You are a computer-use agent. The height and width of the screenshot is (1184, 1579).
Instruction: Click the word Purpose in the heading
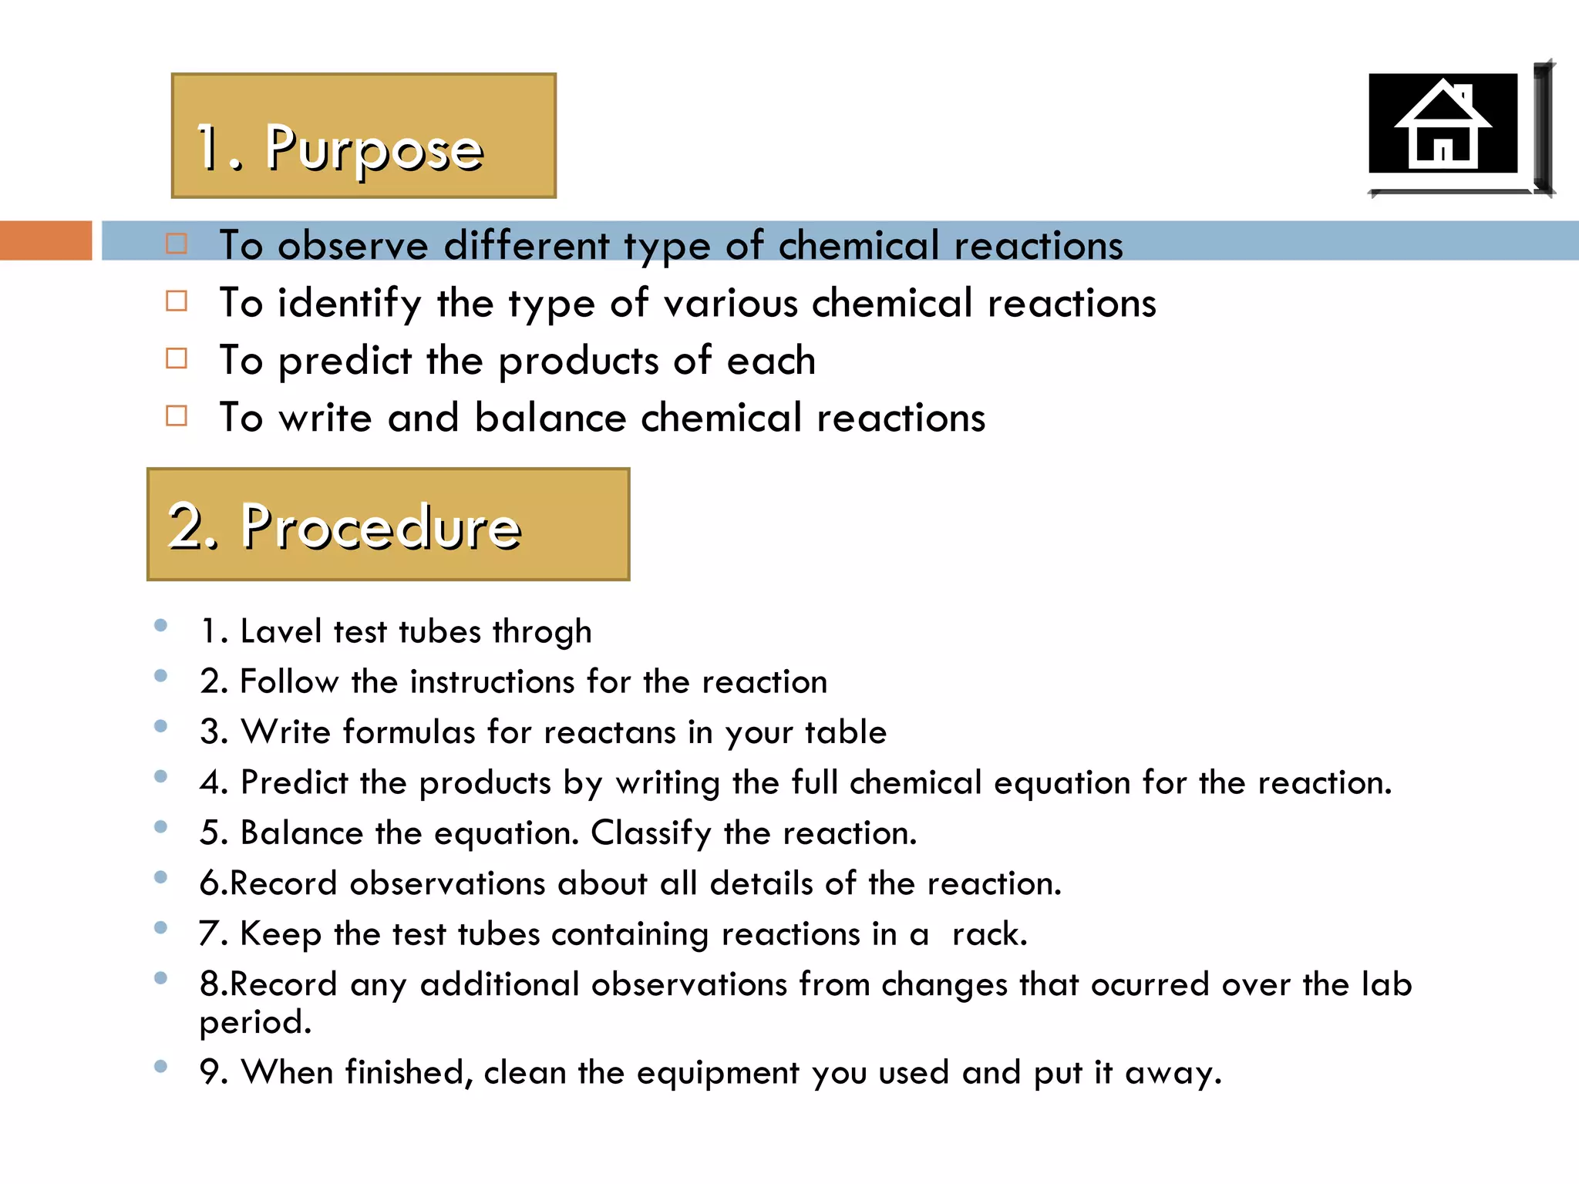pos(374,148)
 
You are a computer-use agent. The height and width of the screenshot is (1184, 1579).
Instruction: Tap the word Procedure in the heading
pos(381,527)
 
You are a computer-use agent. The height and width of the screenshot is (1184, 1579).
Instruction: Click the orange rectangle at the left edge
pos(45,240)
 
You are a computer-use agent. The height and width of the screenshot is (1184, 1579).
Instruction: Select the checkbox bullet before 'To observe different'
pos(177,244)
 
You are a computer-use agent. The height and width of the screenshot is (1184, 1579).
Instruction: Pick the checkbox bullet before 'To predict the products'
pos(177,359)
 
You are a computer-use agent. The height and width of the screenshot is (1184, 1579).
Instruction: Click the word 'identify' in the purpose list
pos(349,303)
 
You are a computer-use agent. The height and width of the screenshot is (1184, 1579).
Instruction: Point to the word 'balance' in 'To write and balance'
pos(550,418)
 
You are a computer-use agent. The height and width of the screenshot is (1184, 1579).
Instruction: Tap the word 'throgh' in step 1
pos(542,632)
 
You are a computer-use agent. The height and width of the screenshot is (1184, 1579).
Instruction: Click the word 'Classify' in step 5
pos(651,833)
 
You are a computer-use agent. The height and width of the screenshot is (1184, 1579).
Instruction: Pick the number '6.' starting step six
pos(213,883)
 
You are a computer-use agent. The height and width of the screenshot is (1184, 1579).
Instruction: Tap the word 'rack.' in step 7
pos(989,934)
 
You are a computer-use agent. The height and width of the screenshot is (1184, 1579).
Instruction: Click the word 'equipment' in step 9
pos(717,1073)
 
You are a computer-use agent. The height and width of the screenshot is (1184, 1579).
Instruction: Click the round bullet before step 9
pos(160,1066)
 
